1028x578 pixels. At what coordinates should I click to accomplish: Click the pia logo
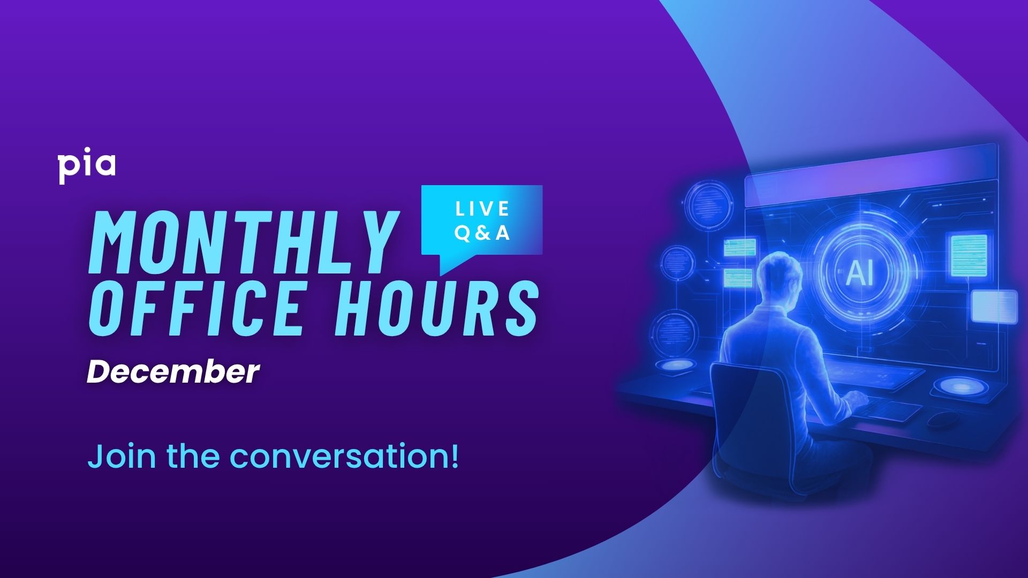[x=86, y=168]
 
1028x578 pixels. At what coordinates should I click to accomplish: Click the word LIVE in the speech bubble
[x=482, y=209]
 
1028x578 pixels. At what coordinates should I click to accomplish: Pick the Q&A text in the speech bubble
[x=482, y=233]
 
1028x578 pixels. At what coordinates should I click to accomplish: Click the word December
[x=173, y=371]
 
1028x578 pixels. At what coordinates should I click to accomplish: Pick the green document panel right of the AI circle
[x=969, y=255]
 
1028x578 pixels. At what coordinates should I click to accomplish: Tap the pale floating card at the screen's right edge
[x=994, y=306]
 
